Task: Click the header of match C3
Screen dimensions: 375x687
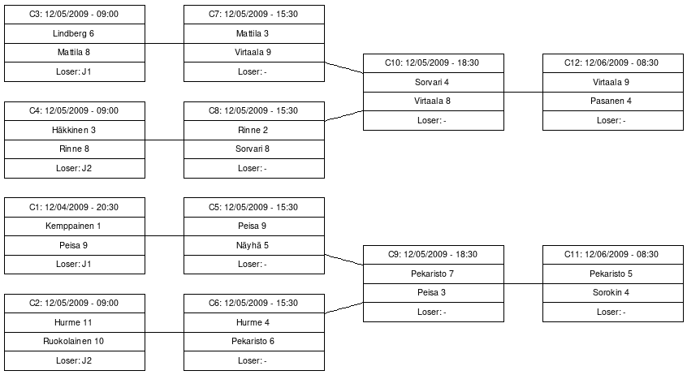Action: point(75,15)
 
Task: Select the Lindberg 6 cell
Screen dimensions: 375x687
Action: point(75,33)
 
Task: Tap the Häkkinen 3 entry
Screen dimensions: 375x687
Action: point(75,130)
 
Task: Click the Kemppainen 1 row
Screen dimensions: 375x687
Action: point(75,226)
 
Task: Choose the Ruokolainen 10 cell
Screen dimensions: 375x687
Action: point(75,341)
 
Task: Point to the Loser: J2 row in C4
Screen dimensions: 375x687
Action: point(75,168)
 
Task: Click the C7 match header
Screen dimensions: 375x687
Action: point(253,15)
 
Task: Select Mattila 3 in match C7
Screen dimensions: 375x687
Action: point(253,33)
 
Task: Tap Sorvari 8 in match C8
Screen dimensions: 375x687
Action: point(253,149)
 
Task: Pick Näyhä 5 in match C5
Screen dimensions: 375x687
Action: point(253,245)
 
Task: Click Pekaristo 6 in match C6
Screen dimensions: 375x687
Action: point(253,341)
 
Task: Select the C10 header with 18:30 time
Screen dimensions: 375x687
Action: point(433,62)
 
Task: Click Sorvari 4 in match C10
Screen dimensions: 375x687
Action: point(433,82)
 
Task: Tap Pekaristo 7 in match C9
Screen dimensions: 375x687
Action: point(433,274)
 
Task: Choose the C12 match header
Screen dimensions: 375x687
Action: point(612,62)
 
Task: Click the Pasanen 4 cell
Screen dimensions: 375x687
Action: point(612,101)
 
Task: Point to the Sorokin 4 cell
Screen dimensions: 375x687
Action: point(612,293)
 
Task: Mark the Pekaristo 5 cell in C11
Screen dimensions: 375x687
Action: point(612,274)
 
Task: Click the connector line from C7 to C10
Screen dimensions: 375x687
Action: point(343,67)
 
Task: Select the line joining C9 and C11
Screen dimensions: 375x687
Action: point(523,283)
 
